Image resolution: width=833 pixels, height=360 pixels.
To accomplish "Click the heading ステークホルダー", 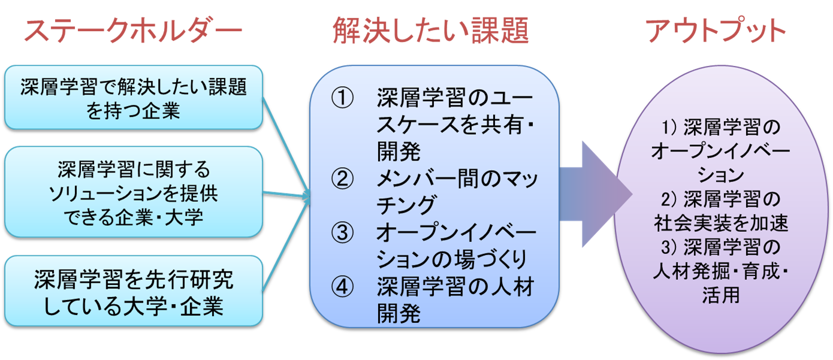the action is pyautogui.click(x=133, y=31).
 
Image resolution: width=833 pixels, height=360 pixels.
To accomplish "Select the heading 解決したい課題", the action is pyautogui.click(x=431, y=31).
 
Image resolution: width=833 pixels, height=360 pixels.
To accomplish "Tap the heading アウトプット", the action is pyautogui.click(x=716, y=30).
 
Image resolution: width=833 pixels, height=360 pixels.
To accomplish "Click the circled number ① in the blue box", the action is pyautogui.click(x=343, y=97).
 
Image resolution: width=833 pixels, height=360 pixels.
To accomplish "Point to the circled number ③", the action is pyautogui.click(x=343, y=232).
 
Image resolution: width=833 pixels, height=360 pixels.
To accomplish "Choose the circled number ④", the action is pyautogui.click(x=343, y=286).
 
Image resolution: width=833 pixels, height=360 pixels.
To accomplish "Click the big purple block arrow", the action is pyautogui.click(x=596, y=194).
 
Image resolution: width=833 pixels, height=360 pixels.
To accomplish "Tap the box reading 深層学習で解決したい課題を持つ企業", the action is pyautogui.click(x=134, y=98).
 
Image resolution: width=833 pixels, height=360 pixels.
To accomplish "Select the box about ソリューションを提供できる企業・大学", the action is pyautogui.click(x=134, y=192).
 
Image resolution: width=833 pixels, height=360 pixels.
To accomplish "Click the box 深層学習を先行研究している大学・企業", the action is pyautogui.click(x=134, y=291).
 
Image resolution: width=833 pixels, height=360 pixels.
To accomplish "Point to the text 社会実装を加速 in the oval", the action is pyautogui.click(x=721, y=223).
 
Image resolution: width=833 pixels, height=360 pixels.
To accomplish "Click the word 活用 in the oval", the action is pyautogui.click(x=721, y=295).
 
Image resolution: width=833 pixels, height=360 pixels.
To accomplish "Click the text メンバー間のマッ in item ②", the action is pyautogui.click(x=457, y=179).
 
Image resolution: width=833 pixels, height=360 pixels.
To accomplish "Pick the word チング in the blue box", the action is pyautogui.click(x=405, y=205).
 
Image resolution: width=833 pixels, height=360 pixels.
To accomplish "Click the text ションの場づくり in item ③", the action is pyautogui.click(x=452, y=259).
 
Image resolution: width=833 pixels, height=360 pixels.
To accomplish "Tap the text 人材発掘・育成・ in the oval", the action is pyautogui.click(x=721, y=271).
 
